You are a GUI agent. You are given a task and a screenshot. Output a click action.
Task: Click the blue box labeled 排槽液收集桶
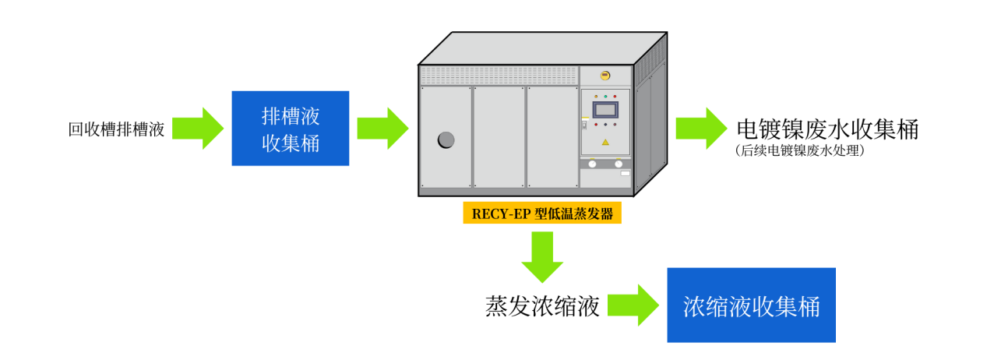290,129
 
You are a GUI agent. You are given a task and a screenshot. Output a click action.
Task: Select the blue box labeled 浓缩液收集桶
751,305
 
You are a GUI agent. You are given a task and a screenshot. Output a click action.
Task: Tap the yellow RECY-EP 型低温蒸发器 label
542,214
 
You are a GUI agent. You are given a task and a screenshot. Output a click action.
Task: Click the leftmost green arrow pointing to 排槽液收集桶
198,129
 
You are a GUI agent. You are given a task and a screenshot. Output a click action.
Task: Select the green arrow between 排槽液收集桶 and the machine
382,129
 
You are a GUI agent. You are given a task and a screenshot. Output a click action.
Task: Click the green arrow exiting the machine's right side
701,129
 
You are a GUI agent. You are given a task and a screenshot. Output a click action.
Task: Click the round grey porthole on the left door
446,139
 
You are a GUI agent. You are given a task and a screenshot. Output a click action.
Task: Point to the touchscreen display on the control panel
605,110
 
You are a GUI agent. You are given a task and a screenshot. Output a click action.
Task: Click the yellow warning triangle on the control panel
605,142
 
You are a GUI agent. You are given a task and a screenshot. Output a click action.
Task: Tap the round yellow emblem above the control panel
605,76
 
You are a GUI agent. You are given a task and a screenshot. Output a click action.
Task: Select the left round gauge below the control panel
592,164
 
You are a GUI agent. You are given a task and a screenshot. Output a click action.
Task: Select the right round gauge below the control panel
619,164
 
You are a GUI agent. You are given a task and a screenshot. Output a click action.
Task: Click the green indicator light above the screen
605,97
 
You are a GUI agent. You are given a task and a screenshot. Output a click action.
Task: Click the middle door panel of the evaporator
499,136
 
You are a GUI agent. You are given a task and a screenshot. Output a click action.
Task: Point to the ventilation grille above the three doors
499,75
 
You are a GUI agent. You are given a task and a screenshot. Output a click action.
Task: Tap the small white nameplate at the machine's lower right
625,173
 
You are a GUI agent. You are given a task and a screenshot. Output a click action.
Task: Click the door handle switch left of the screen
584,125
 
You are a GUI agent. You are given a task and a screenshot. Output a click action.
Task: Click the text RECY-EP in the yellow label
501,214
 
